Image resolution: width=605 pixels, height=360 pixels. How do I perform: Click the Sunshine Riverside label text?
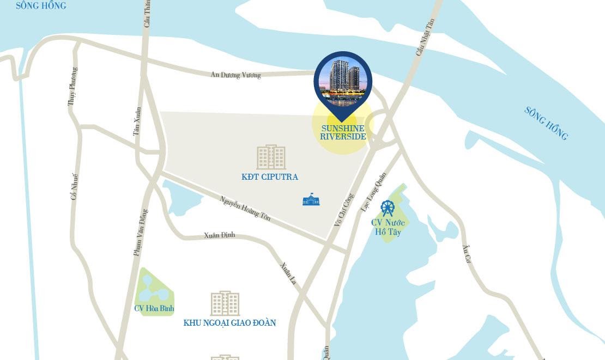click(x=343, y=132)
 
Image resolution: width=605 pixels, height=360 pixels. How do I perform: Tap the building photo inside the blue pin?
click(x=343, y=81)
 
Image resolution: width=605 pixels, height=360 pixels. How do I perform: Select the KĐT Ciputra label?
click(x=270, y=177)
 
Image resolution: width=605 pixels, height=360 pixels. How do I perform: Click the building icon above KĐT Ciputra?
click(x=271, y=157)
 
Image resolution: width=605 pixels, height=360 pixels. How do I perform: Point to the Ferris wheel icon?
click(x=388, y=208)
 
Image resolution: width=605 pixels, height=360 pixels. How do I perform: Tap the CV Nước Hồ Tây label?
click(x=388, y=227)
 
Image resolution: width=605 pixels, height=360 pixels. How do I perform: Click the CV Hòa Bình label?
click(x=154, y=308)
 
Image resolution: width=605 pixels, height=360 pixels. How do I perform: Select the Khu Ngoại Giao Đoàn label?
click(x=229, y=323)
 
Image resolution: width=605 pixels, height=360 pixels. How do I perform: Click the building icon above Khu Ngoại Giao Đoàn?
click(x=225, y=303)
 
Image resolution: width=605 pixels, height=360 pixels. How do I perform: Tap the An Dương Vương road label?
click(x=235, y=75)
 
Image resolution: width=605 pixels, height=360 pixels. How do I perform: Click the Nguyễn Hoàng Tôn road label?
click(x=245, y=208)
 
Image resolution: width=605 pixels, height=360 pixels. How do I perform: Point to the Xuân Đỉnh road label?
click(x=219, y=235)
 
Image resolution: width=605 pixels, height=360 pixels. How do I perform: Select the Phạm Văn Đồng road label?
click(x=141, y=233)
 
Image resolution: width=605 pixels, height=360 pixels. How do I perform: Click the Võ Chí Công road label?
click(x=344, y=210)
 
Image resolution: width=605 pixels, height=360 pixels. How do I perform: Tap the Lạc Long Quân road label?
click(x=373, y=192)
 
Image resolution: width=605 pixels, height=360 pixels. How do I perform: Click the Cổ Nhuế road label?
click(x=74, y=186)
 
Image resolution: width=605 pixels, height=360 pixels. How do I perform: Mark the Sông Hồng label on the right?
click(x=546, y=123)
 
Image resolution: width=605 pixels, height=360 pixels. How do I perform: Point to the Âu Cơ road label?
click(x=467, y=253)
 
